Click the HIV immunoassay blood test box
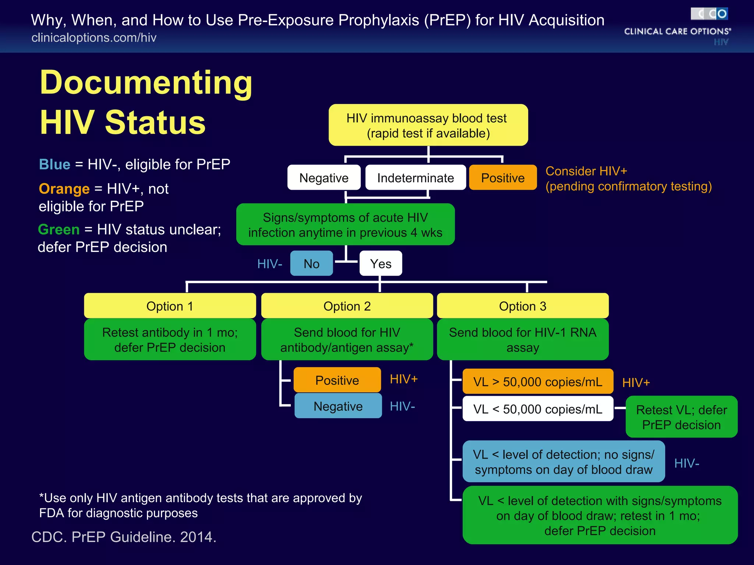(x=428, y=125)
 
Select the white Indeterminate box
(x=415, y=178)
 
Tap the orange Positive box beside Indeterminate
(x=503, y=178)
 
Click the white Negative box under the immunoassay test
(x=324, y=178)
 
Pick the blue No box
(x=311, y=263)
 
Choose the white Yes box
(x=381, y=263)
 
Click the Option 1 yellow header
(x=170, y=306)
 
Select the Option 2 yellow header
(x=347, y=306)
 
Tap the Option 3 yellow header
(x=522, y=306)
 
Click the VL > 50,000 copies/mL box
(x=538, y=381)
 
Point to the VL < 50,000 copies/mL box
(x=538, y=409)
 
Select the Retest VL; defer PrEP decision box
(x=681, y=417)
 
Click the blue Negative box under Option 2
(x=338, y=406)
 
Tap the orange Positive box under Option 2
(x=337, y=380)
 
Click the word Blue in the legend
(x=54, y=164)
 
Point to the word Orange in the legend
(x=64, y=188)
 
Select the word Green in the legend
(x=59, y=229)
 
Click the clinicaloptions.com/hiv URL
(x=94, y=38)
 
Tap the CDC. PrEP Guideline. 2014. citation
(x=124, y=537)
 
